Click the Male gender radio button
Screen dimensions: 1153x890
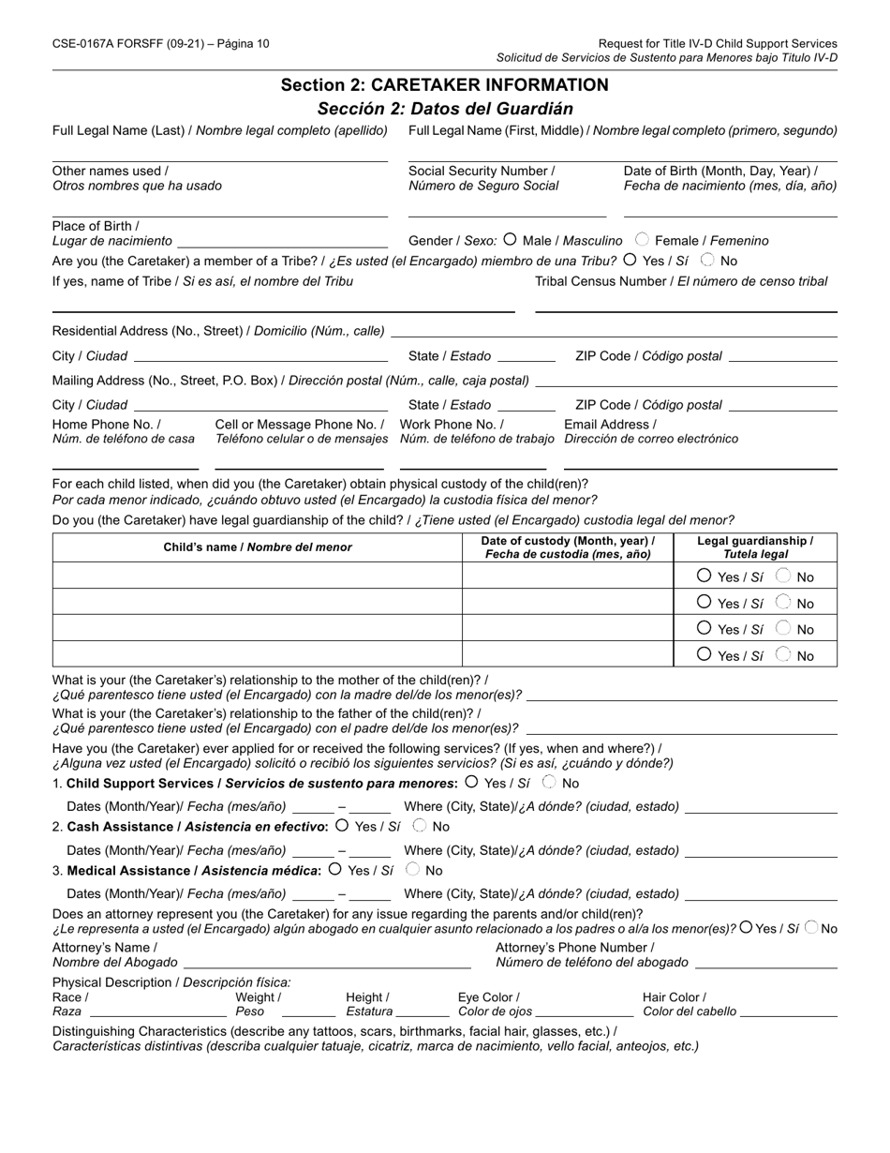511,240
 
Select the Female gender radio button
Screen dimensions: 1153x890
643,240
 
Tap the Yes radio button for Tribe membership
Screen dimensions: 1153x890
630,260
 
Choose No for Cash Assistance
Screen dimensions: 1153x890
420,826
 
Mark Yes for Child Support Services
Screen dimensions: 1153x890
472,782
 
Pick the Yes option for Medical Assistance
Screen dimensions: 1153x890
335,869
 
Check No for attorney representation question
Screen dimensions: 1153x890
811,928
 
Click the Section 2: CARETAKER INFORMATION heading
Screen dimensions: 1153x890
444,85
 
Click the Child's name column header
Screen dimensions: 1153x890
258,547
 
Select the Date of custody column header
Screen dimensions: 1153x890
568,547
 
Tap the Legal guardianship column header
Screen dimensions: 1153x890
755,547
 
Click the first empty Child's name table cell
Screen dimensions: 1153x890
258,576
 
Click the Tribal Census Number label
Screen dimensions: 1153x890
681,281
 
